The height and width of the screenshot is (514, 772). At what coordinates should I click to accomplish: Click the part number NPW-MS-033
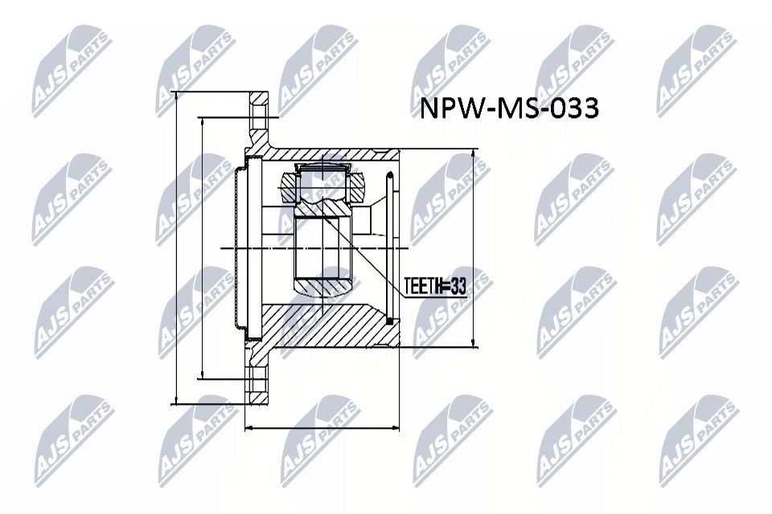coord(509,109)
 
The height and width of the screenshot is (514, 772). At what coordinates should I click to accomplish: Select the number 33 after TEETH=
coord(458,287)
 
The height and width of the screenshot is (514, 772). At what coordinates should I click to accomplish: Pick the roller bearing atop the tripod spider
coord(322,169)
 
